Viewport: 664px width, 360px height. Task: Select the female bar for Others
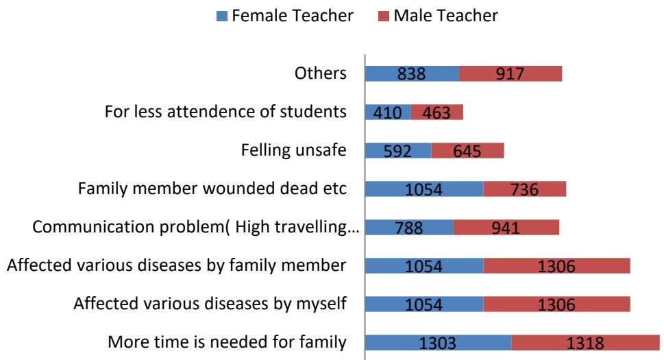[x=411, y=73]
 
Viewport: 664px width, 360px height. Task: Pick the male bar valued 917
[x=511, y=73]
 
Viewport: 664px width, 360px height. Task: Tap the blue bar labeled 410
[x=388, y=112]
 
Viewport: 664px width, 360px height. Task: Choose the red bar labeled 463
[x=437, y=112]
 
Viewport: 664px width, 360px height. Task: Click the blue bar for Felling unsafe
[x=397, y=150]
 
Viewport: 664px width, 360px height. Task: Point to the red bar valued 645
[x=467, y=150]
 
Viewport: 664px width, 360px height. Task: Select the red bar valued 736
[x=525, y=189]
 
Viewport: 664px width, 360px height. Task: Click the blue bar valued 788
[x=408, y=227]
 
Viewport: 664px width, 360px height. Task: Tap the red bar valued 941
[x=506, y=227]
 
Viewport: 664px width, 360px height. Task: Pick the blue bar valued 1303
[x=437, y=342]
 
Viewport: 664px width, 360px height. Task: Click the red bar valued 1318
[x=585, y=342]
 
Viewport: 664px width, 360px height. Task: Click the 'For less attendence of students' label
[x=225, y=112]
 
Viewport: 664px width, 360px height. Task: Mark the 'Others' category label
[x=326, y=73]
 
